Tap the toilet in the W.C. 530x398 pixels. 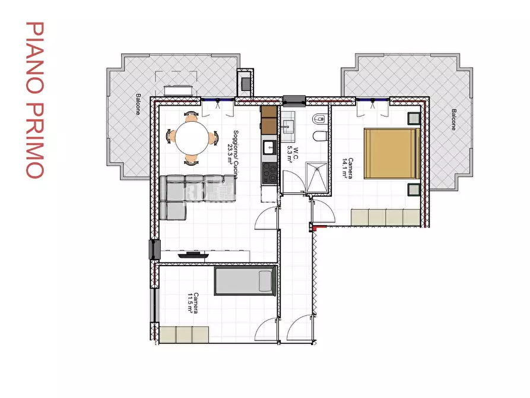tap(319, 136)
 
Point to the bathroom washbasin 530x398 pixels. tap(290, 125)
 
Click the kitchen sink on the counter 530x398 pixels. tap(269, 146)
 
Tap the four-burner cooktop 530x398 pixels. tap(269, 173)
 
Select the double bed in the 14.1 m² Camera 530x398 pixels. tap(392, 153)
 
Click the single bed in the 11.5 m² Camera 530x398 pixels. tap(244, 281)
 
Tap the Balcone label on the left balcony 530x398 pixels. tap(138, 105)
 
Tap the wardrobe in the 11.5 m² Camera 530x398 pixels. tap(184, 334)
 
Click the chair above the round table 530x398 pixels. tap(191, 115)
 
